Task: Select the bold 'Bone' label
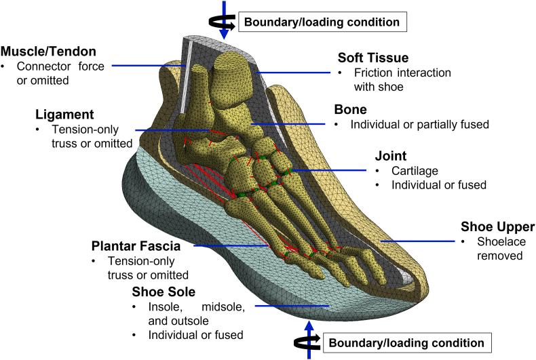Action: coord(350,109)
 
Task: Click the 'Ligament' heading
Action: coord(64,115)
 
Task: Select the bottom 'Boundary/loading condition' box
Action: coord(406,342)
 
